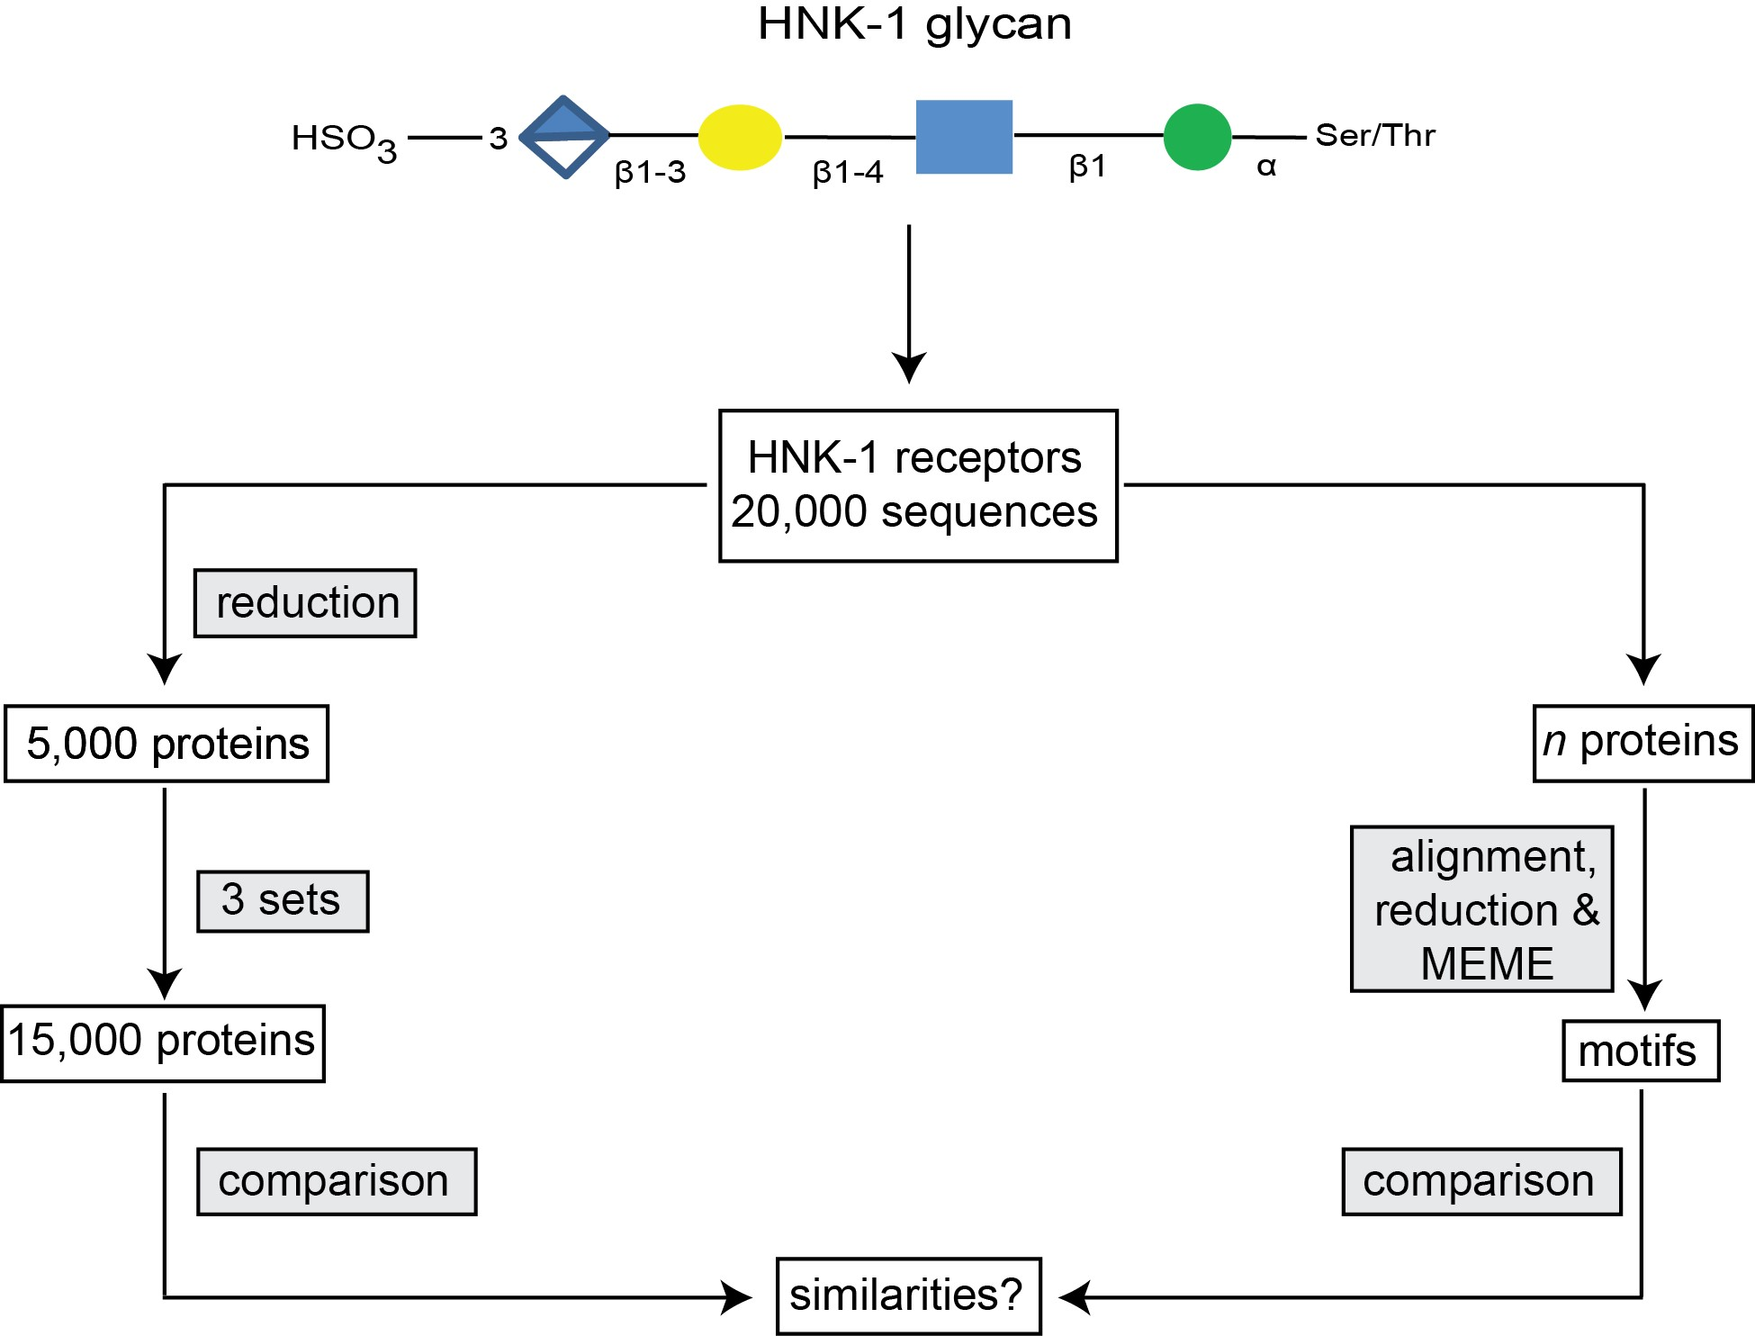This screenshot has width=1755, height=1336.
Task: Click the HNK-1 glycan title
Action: click(914, 24)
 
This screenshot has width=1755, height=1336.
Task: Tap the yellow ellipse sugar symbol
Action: click(740, 138)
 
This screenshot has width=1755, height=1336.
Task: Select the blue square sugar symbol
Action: click(964, 137)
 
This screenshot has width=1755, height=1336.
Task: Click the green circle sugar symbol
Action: click(1197, 137)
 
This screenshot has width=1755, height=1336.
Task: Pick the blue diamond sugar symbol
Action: click(565, 137)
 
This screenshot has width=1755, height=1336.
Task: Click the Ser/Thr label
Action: click(1374, 135)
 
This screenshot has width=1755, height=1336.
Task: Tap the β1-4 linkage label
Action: click(847, 172)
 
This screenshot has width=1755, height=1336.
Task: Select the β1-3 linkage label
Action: click(650, 172)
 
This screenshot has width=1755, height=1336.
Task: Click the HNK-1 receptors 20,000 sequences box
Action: click(917, 486)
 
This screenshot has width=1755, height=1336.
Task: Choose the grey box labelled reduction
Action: click(306, 603)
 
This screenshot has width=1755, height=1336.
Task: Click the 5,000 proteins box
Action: click(167, 744)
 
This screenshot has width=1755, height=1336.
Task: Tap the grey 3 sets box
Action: click(283, 900)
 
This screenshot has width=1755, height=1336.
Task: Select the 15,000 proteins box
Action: click(163, 1043)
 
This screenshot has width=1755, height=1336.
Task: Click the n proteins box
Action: click(1642, 743)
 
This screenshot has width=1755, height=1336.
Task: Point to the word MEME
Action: click(1487, 963)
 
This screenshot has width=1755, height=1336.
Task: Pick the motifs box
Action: click(1640, 1051)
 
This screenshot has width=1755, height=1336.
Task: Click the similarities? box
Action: click(908, 1295)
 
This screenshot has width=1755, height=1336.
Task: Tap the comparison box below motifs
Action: click(1481, 1181)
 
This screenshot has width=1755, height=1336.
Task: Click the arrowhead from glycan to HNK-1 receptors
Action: click(909, 366)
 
